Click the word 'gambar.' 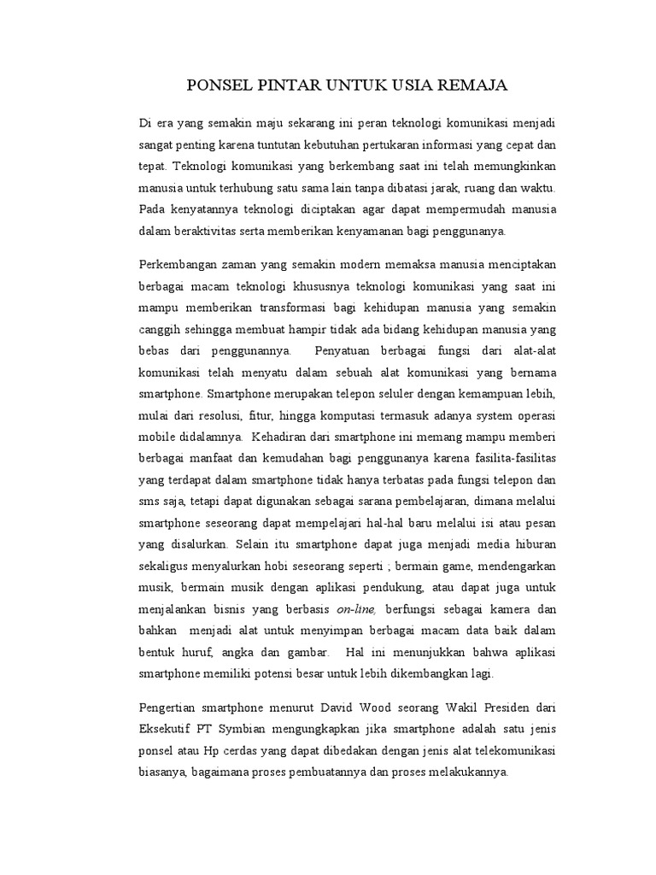point(304,653)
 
